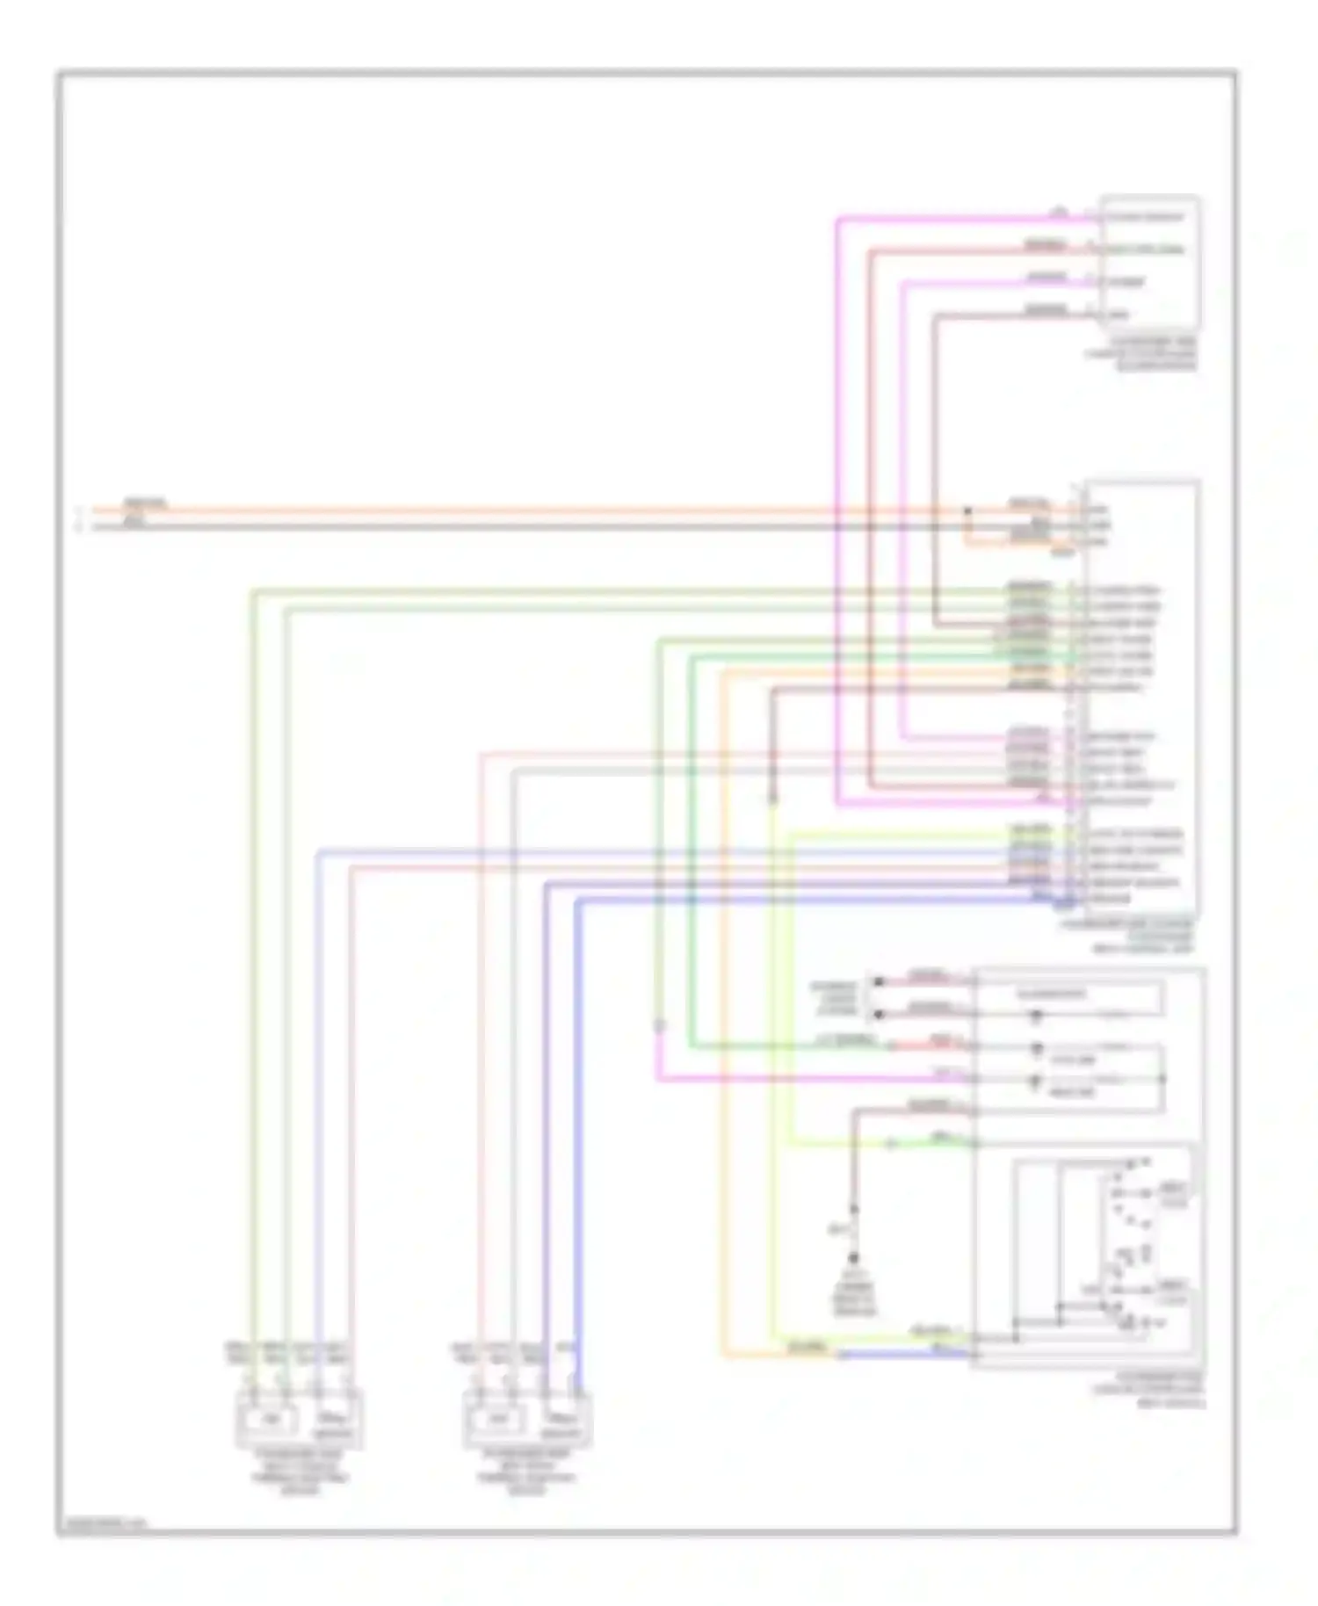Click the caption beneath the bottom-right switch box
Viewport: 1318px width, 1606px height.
(x=1149, y=1391)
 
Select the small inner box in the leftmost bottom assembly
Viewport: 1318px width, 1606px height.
(x=272, y=1419)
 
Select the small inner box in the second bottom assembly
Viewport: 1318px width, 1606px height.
(x=498, y=1419)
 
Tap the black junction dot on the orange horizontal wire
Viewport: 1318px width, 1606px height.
(x=967, y=510)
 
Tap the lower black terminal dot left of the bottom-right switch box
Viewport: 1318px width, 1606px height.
(x=877, y=1015)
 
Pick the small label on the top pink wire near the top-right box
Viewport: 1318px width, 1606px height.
(x=1060, y=212)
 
